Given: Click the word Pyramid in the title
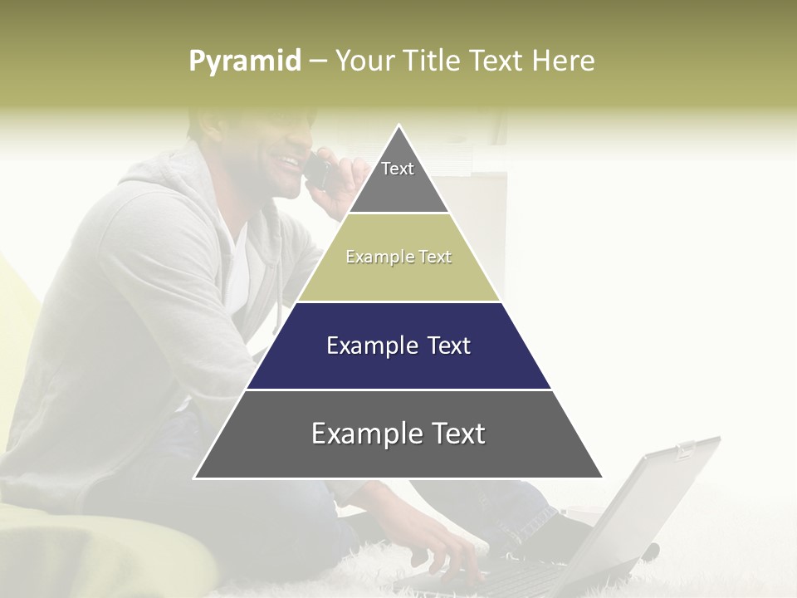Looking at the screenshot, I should (x=245, y=61).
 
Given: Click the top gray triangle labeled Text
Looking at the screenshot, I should (x=398, y=179).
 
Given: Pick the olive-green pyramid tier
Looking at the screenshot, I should (x=398, y=274).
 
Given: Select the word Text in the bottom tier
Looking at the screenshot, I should (x=457, y=434).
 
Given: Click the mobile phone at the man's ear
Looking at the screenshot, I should (x=316, y=171).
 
